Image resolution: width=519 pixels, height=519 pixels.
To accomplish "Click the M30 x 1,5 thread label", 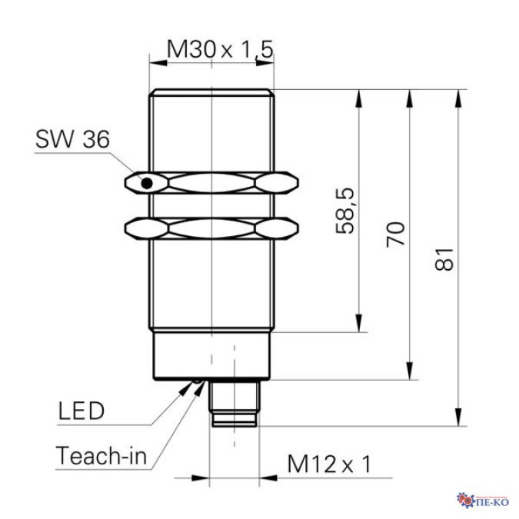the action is [220, 50].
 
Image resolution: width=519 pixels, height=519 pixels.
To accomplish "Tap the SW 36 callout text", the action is [72, 139].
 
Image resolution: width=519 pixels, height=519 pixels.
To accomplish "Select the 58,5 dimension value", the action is [345, 211].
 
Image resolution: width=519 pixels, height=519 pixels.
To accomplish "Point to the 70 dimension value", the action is [395, 235].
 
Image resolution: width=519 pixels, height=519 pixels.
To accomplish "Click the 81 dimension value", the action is [444, 259].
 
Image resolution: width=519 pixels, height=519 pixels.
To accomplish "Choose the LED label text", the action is [82, 411].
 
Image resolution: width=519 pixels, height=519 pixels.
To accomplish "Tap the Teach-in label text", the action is [101, 456].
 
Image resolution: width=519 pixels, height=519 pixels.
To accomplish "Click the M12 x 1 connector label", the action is [329, 464].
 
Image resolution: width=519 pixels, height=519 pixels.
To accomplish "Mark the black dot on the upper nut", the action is [147, 183].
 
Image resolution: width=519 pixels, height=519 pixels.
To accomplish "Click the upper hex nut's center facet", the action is [212, 183].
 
